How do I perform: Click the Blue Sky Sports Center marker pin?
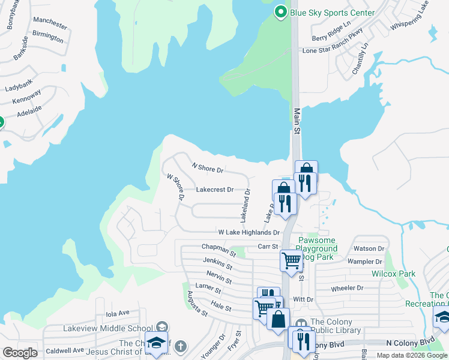(x=280, y=12)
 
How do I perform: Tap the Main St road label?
(x=297, y=117)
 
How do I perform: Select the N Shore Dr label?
(x=207, y=168)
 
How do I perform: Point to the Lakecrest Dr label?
(x=214, y=190)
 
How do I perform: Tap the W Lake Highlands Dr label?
(x=249, y=232)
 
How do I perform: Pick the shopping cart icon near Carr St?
(x=291, y=260)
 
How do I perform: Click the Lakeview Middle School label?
(x=107, y=328)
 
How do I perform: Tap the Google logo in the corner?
(x=20, y=353)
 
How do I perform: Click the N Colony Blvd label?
(x=410, y=343)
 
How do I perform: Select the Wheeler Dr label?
(x=348, y=288)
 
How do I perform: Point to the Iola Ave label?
(x=118, y=313)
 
